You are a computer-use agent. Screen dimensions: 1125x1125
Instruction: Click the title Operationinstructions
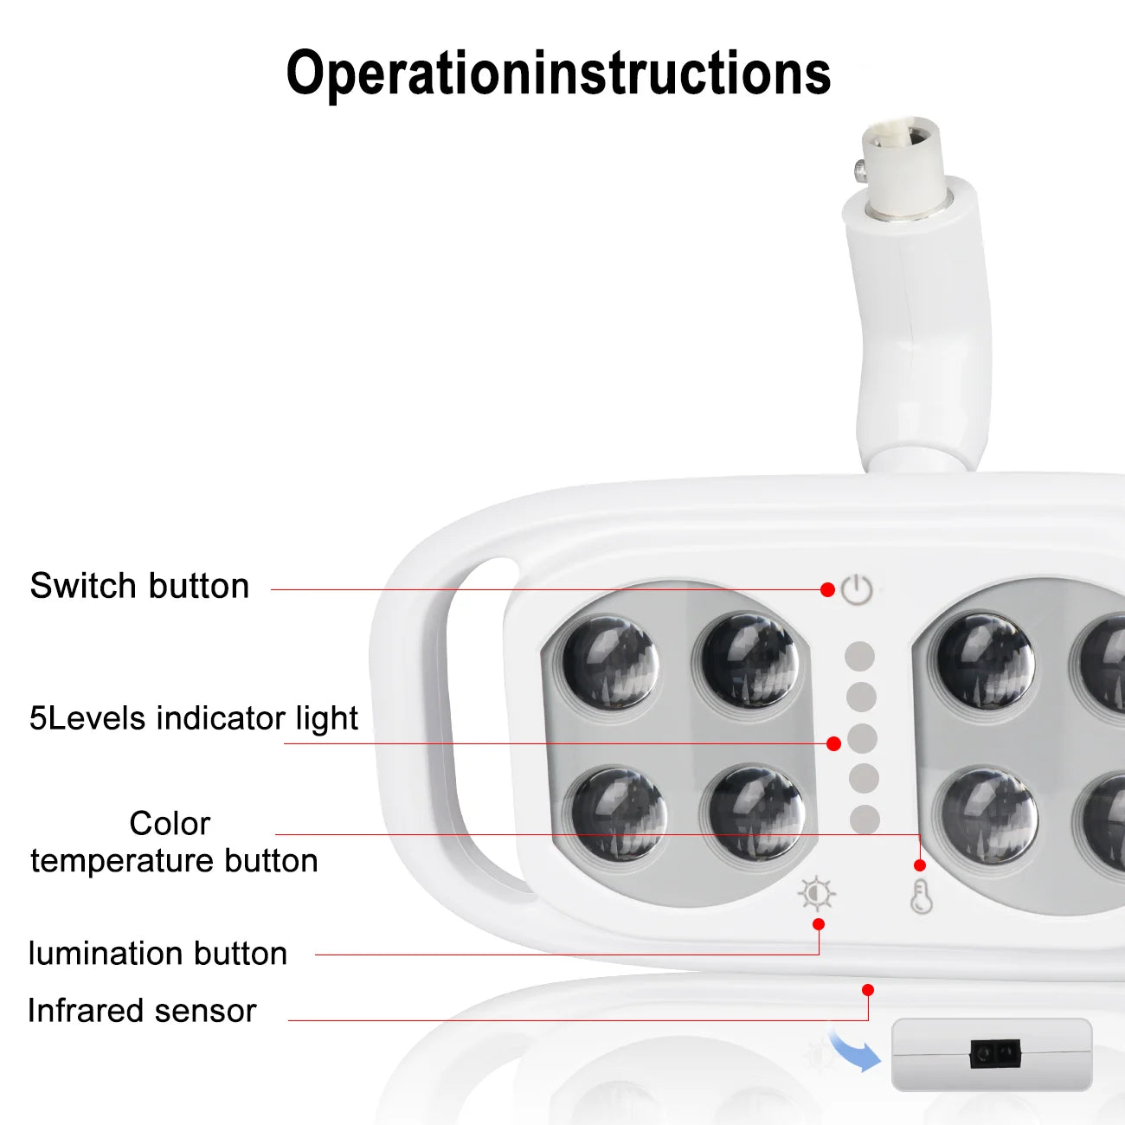[558, 74]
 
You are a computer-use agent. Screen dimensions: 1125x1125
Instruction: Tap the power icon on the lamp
[857, 590]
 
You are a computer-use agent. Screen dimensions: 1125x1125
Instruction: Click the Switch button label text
[139, 586]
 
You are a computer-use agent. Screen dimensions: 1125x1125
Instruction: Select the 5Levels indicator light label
[194, 718]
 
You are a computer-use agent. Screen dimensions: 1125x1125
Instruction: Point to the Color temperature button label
[174, 842]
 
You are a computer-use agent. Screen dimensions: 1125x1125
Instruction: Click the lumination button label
[157, 954]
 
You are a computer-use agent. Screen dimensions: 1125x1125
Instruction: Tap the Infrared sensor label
[142, 1011]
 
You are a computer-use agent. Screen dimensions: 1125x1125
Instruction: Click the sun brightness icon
[817, 893]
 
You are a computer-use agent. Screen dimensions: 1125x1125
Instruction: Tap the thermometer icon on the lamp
[921, 897]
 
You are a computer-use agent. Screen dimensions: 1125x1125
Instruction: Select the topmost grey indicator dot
[859, 656]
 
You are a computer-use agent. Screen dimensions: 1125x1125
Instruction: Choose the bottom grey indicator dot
[865, 820]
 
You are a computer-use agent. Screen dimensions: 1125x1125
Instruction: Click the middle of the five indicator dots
[862, 738]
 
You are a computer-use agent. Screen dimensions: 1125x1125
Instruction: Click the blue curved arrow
[854, 1051]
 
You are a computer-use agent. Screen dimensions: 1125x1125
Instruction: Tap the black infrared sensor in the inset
[995, 1053]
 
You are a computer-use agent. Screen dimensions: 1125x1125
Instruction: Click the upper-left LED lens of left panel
[610, 663]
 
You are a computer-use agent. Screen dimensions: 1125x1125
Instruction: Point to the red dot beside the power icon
[827, 589]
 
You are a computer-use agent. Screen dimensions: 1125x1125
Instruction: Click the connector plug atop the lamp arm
[900, 164]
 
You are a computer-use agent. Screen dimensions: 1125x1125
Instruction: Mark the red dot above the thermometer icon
[920, 865]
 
